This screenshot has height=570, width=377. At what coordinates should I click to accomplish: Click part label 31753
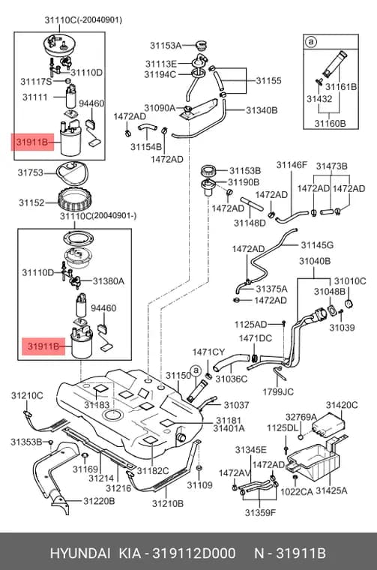pos(31,172)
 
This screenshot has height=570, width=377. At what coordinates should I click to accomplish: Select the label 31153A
pos(166,46)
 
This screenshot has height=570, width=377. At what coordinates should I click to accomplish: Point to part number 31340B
pos(262,110)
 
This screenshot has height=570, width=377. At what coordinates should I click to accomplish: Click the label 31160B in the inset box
pos(330,123)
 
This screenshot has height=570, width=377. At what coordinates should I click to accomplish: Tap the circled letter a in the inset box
pos(311,42)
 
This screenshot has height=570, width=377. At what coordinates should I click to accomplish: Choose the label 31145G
pos(317,245)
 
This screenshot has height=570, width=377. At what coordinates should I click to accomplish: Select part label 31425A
pos(331,490)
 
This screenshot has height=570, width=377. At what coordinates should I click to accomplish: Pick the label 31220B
pos(99,501)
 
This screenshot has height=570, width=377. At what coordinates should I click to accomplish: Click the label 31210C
pos(27,395)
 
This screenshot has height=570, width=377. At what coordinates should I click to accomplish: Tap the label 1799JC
pos(278,391)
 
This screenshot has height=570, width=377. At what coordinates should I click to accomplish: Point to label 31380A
pos(108,281)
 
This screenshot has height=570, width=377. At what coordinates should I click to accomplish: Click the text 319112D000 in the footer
pos(193,553)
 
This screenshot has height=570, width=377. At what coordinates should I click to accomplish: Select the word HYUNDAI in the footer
pos(80,553)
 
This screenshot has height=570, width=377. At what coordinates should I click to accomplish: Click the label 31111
pos(35,97)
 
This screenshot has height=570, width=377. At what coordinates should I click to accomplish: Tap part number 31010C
pos(350,281)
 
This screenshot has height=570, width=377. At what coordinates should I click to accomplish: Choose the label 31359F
pos(260,512)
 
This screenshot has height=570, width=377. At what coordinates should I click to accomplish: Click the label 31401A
pos(229,428)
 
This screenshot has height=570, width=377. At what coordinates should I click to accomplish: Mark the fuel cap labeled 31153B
pos(209,169)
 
